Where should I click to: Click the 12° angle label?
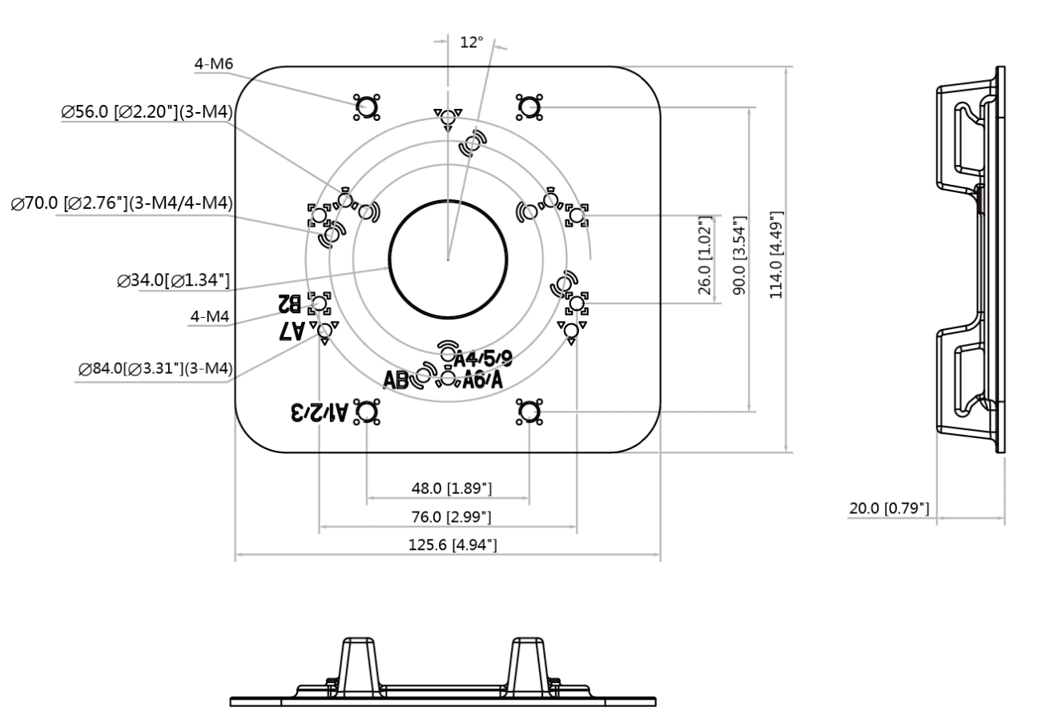(471, 42)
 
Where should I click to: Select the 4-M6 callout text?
(214, 64)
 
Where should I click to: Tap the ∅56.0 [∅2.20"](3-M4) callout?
(147, 111)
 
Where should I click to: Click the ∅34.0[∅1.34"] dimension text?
(173, 280)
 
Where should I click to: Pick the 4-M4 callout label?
(210, 316)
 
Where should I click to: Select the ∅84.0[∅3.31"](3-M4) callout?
(155, 368)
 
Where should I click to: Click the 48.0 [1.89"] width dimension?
(452, 488)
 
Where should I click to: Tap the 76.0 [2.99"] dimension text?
(452, 516)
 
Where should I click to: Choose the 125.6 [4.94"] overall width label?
(453, 544)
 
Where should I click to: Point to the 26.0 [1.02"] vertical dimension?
(704, 255)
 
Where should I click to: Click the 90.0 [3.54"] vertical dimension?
(739, 255)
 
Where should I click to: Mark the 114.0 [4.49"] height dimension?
(776, 255)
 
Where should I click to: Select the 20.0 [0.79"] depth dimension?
(889, 508)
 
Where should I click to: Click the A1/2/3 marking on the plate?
(319, 412)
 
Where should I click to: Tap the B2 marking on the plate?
(290, 303)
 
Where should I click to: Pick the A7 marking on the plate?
(292, 331)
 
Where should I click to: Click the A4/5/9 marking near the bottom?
(483, 359)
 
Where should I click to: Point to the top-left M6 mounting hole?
(367, 107)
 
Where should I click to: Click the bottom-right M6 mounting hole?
(529, 412)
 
